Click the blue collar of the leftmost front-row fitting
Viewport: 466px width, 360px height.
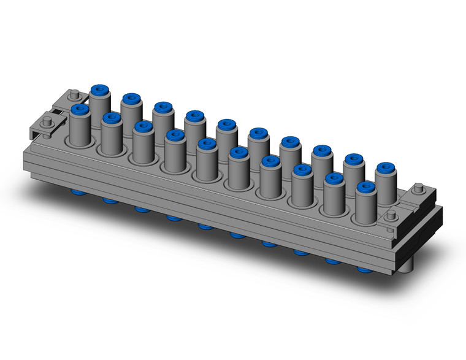click(x=80, y=110)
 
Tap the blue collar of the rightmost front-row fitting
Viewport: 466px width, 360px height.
click(x=365, y=186)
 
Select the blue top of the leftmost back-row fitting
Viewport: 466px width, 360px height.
click(x=100, y=90)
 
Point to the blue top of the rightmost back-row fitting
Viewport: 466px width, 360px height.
click(x=384, y=167)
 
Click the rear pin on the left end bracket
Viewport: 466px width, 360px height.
click(x=74, y=94)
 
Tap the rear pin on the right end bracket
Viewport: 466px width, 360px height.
click(x=419, y=188)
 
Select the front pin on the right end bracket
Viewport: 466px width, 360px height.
click(x=391, y=214)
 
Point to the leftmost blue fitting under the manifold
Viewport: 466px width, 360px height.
click(x=78, y=193)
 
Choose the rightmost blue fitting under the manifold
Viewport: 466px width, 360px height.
click(x=364, y=269)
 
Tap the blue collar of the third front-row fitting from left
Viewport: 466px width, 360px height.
click(x=143, y=126)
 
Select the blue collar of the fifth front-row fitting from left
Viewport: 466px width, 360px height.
click(x=207, y=144)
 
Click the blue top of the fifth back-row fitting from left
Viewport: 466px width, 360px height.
click(x=226, y=124)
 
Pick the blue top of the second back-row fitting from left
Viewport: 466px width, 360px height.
click(x=131, y=98)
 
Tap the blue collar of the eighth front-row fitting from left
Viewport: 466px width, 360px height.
click(x=302, y=169)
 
